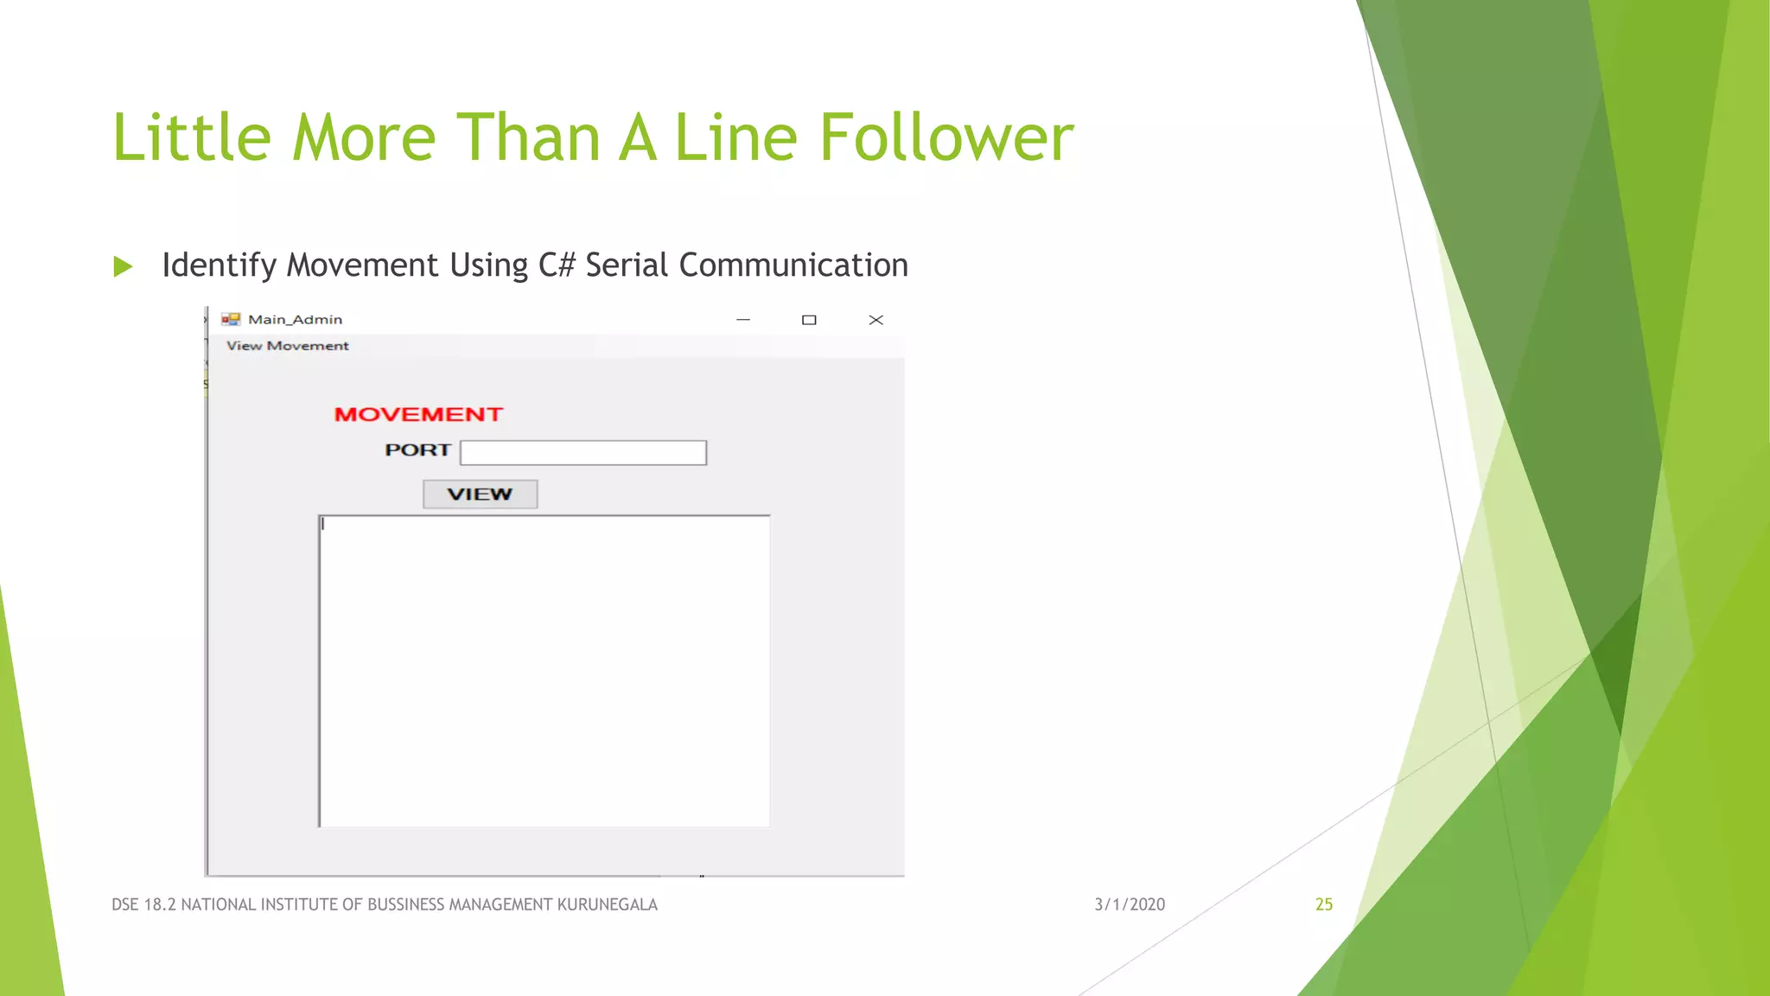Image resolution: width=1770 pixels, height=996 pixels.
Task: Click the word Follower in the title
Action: pyautogui.click(x=945, y=137)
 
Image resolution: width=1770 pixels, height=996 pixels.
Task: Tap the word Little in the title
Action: pyautogui.click(x=192, y=137)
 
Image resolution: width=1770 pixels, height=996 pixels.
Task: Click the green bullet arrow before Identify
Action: pyautogui.click(x=123, y=266)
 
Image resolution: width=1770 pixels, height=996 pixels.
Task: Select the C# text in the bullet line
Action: pyautogui.click(x=557, y=265)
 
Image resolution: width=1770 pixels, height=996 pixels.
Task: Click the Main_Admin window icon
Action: pyautogui.click(x=231, y=320)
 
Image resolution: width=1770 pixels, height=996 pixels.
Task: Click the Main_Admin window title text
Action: pyautogui.click(x=295, y=320)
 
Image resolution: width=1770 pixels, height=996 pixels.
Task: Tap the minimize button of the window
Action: pyautogui.click(x=743, y=320)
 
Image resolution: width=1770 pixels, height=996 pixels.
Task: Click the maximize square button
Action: pyautogui.click(x=809, y=320)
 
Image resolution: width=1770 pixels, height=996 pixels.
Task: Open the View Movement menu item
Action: pyautogui.click(x=288, y=346)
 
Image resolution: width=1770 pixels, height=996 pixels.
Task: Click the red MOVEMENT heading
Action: pyautogui.click(x=418, y=415)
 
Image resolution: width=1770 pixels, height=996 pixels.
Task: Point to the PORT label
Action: pyautogui.click(x=417, y=450)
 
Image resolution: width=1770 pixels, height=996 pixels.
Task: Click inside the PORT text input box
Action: pyautogui.click(x=583, y=452)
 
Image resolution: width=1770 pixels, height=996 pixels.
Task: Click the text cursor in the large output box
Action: pyautogui.click(x=323, y=524)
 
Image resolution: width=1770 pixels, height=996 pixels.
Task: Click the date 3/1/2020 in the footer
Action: pyautogui.click(x=1130, y=904)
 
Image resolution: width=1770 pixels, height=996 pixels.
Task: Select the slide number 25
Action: pyautogui.click(x=1324, y=904)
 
